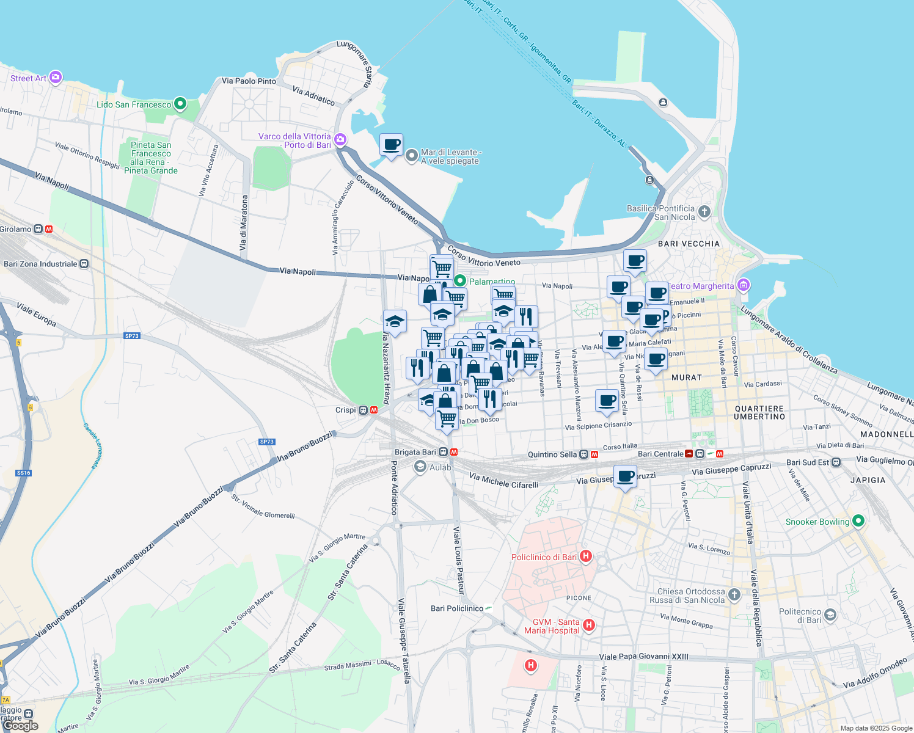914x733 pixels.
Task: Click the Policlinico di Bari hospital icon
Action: [x=586, y=556]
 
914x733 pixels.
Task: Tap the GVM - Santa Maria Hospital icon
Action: [x=589, y=625]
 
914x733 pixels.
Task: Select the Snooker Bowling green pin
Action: [x=858, y=521]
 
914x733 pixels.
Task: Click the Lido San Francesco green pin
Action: [x=180, y=104]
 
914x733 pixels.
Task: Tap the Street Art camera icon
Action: [x=56, y=77]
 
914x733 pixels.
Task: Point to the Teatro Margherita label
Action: [x=701, y=286]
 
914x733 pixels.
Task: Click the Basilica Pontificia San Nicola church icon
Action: [x=704, y=212]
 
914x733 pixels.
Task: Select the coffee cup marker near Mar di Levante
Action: [x=391, y=145]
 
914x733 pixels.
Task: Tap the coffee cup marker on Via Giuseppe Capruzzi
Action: [x=625, y=476]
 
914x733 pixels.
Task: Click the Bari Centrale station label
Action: [x=660, y=454]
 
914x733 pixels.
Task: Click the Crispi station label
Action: [x=346, y=410]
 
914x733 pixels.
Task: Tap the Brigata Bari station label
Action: [x=415, y=452]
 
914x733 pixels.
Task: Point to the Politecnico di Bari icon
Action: [x=830, y=614]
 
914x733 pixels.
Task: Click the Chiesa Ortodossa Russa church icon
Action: [x=734, y=594]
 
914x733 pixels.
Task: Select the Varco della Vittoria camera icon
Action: [x=340, y=139]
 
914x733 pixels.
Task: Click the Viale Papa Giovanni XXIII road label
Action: [x=643, y=657]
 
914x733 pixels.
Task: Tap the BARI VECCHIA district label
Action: [x=689, y=244]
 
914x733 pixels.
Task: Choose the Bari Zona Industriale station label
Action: [x=41, y=264]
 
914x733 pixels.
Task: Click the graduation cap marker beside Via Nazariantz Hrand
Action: [x=395, y=321]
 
